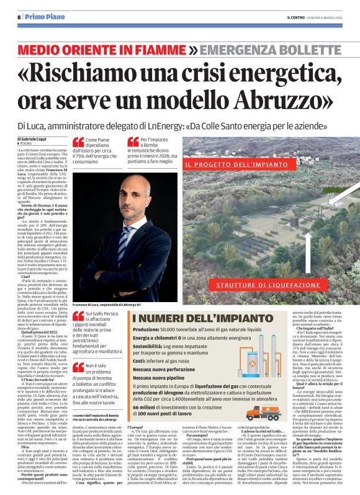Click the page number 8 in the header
click(19, 17)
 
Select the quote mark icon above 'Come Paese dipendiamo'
click(78, 142)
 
